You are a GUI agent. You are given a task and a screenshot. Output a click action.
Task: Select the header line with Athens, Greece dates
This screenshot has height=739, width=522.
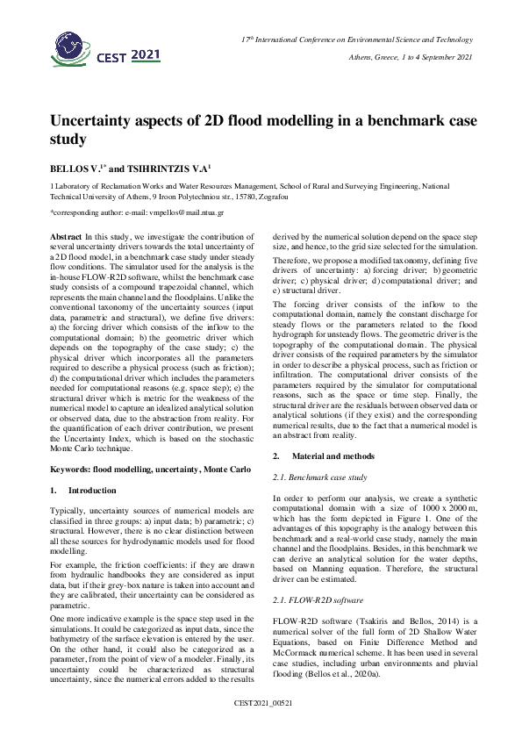point(411,57)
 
